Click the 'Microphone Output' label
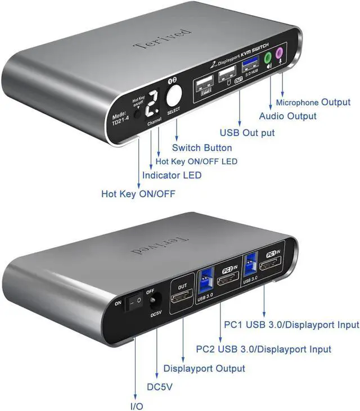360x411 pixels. click(x=313, y=103)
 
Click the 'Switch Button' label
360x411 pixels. click(x=202, y=148)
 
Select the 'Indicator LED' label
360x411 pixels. click(x=172, y=175)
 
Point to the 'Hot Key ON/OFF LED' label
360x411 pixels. click(x=196, y=161)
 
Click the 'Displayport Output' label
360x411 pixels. click(x=204, y=368)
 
